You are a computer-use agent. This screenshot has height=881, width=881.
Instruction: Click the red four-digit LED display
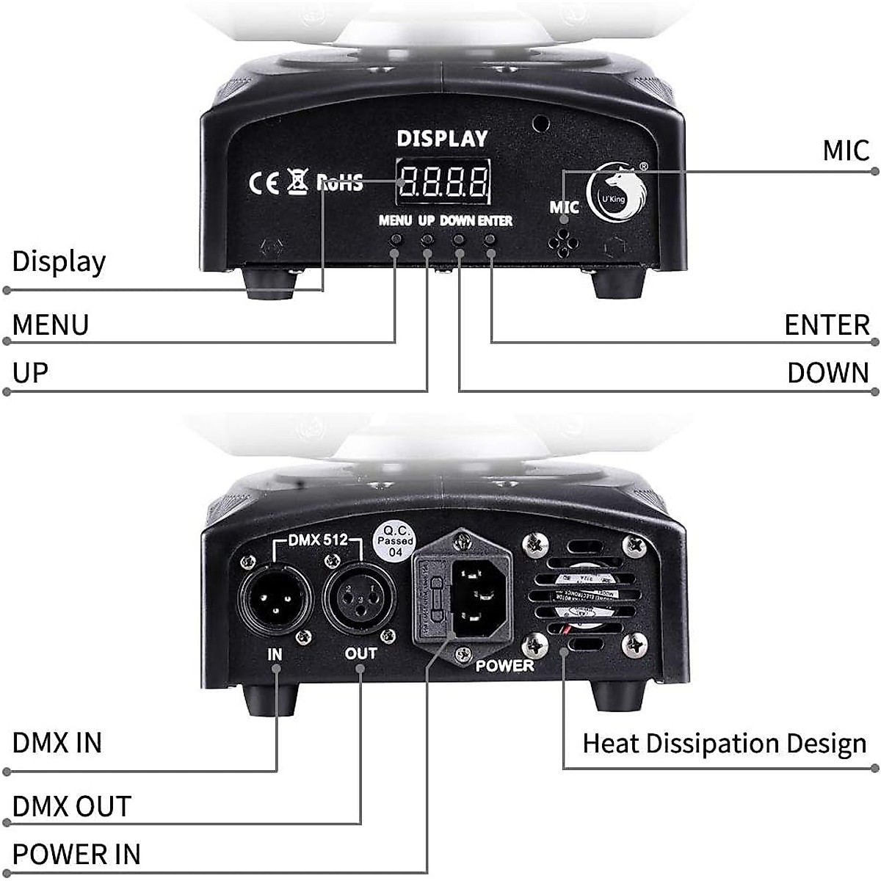click(x=443, y=181)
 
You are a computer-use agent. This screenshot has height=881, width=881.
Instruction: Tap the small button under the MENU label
click(x=396, y=239)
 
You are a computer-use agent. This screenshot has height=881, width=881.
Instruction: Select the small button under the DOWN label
click(x=459, y=239)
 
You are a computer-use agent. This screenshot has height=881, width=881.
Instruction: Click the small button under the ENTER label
click(x=490, y=239)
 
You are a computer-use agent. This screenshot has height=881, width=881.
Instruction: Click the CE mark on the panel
click(x=264, y=182)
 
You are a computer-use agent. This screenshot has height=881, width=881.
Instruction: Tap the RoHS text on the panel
click(x=340, y=182)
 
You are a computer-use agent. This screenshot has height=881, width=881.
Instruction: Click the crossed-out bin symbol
click(x=297, y=180)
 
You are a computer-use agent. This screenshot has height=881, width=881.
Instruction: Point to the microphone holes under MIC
click(x=564, y=242)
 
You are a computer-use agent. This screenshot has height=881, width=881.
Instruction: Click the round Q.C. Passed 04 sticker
click(x=396, y=541)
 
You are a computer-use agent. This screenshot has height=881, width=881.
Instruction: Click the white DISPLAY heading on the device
click(x=442, y=138)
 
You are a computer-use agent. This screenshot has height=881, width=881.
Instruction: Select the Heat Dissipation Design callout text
click(x=724, y=744)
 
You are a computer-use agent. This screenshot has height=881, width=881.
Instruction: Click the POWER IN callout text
click(x=76, y=855)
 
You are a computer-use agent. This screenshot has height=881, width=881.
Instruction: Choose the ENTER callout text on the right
click(x=826, y=325)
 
